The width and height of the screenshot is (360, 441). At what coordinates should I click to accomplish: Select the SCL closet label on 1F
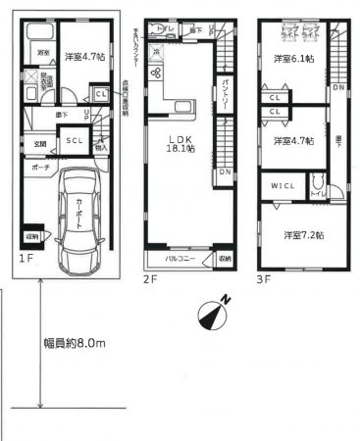point(75,140)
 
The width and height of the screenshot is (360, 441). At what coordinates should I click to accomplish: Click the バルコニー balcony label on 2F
point(177,260)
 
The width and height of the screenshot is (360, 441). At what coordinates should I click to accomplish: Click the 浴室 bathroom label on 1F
point(43,52)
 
